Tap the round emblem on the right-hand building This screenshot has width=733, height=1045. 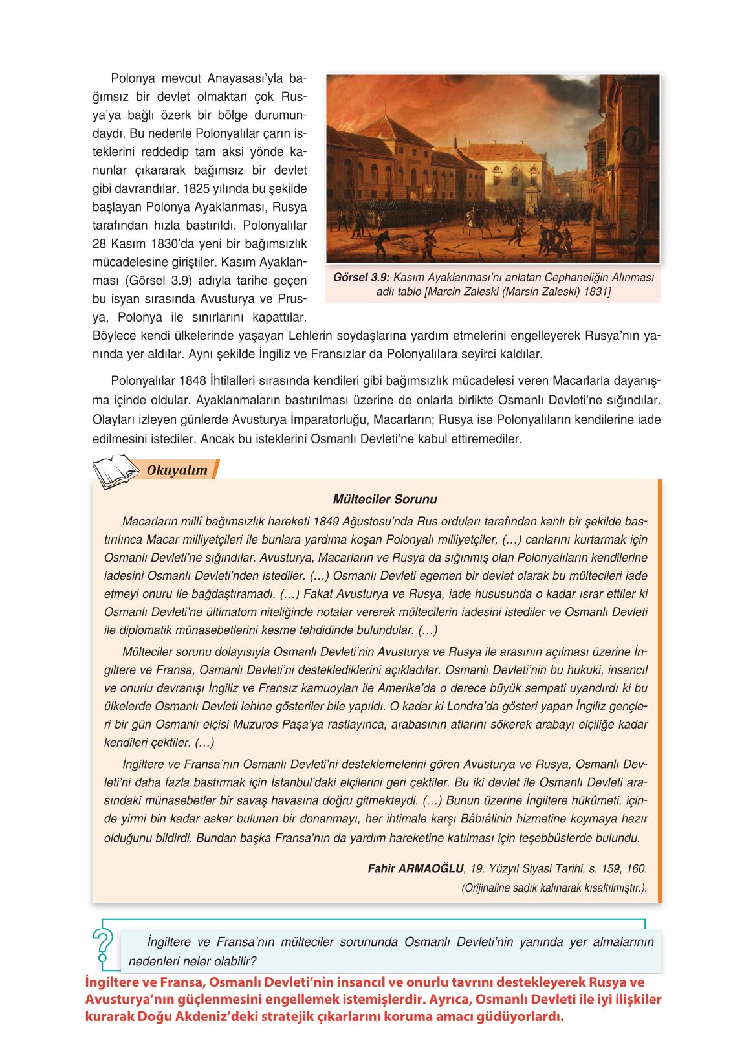[x=633, y=138]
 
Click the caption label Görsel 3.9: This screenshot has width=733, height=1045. [x=361, y=278]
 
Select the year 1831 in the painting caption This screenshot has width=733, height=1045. [x=596, y=292]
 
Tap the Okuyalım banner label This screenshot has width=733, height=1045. [x=177, y=470]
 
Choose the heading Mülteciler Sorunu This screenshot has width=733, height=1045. [x=385, y=500]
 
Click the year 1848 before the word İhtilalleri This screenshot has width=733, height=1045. [x=193, y=381]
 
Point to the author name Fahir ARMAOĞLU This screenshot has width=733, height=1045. [x=415, y=869]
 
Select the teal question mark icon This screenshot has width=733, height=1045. [x=102, y=945]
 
